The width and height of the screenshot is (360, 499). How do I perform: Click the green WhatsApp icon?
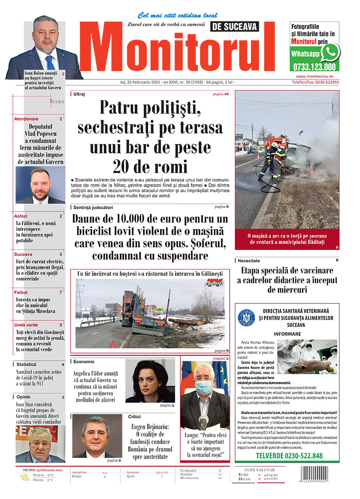tap(330, 52)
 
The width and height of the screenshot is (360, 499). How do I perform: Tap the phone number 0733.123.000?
tap(314, 66)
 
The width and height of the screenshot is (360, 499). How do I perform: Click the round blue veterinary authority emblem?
tap(246, 317)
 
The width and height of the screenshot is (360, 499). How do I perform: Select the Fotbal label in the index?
tap(21, 292)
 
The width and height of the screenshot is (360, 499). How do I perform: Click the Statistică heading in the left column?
tap(26, 364)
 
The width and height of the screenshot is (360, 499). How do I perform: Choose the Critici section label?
tap(134, 416)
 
